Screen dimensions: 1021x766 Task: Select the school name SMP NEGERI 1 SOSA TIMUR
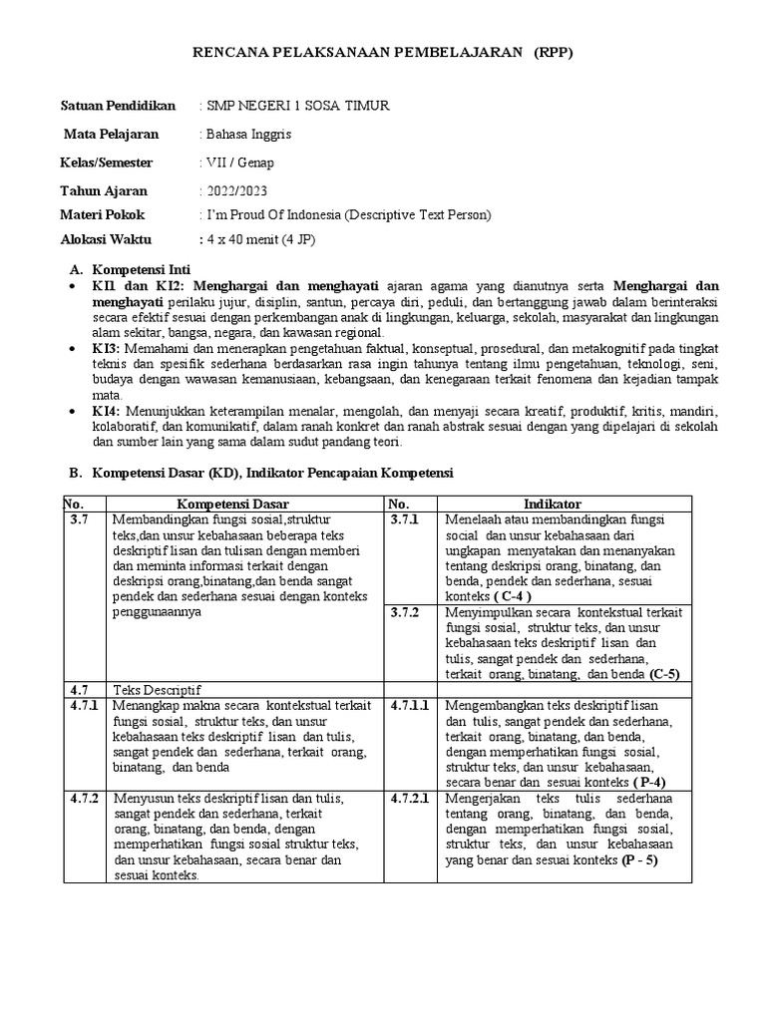[297, 106]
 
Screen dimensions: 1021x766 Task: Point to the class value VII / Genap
[238, 163]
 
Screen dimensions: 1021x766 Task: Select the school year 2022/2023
[236, 190]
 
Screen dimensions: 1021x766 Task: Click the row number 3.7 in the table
[81, 520]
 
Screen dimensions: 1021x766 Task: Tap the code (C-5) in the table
[664, 674]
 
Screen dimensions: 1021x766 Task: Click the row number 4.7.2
[86, 798]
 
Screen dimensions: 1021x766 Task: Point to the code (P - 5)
[638, 859]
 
